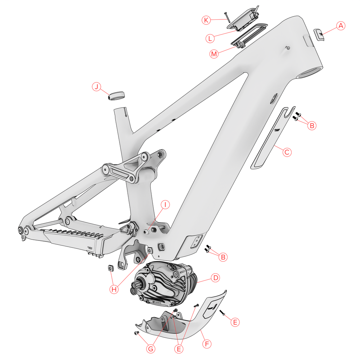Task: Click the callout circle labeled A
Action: [341, 26]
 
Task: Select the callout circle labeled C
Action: [287, 152]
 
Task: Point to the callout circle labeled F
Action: [207, 344]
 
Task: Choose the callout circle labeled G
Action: [152, 348]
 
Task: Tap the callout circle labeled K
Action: [206, 20]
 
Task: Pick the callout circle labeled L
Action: [211, 37]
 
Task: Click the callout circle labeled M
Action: [215, 54]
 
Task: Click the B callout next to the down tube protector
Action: [312, 126]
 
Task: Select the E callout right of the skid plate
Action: [234, 322]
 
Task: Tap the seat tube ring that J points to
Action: [117, 96]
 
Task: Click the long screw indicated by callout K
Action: [226, 17]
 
